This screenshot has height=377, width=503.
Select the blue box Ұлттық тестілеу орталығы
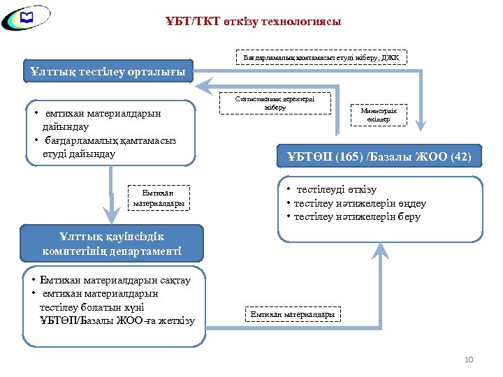(108, 72)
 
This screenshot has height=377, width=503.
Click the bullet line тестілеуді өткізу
(336, 190)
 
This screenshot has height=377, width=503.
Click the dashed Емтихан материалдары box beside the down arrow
(159, 198)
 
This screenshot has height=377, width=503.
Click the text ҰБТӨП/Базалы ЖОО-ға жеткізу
(117, 320)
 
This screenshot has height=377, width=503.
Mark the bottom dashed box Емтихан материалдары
(293, 314)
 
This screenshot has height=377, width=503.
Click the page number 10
(468, 360)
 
